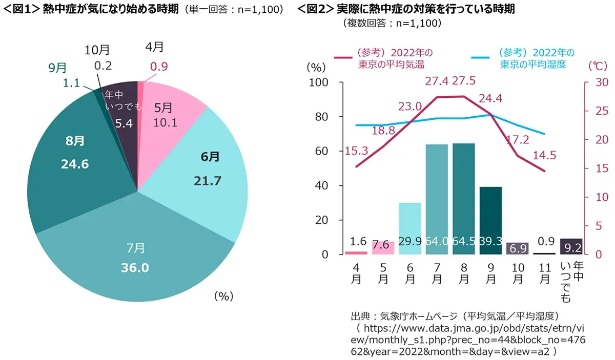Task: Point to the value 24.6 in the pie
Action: pyautogui.click(x=70, y=165)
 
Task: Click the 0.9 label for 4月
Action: pyautogui.click(x=159, y=66)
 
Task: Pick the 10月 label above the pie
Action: pyautogui.click(x=97, y=50)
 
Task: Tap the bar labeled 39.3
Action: pyautogui.click(x=491, y=220)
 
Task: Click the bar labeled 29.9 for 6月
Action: pyautogui.click(x=410, y=228)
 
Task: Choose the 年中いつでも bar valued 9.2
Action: pyautogui.click(x=571, y=246)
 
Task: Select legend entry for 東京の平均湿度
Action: pyautogui.click(x=536, y=59)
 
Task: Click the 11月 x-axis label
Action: pyautogui.click(x=544, y=273)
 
